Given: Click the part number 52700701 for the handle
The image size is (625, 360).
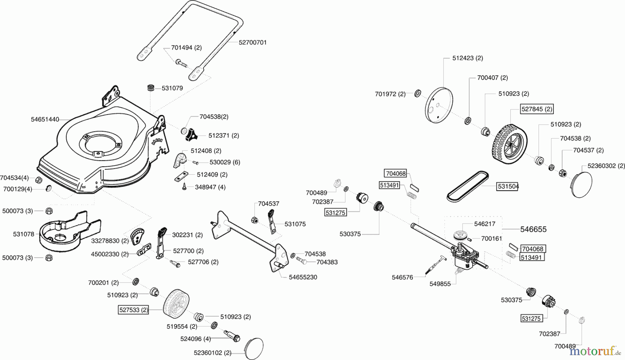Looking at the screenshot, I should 252,42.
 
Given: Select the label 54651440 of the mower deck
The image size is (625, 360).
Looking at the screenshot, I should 45,119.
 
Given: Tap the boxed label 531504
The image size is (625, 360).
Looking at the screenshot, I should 508,186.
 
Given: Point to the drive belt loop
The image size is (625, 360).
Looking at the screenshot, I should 467,186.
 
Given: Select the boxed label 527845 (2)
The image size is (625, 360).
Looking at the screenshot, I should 536,109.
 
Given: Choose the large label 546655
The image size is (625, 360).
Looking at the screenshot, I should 533,229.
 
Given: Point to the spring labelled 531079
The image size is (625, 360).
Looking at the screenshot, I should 151,88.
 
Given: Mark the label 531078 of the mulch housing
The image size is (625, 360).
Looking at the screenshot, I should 24,234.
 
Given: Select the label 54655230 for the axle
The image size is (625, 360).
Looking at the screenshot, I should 303,277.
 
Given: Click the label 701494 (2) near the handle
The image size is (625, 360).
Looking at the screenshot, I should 186,48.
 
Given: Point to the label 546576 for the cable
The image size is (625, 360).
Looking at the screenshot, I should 402,277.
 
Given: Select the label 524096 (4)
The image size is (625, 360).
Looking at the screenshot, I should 195,338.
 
